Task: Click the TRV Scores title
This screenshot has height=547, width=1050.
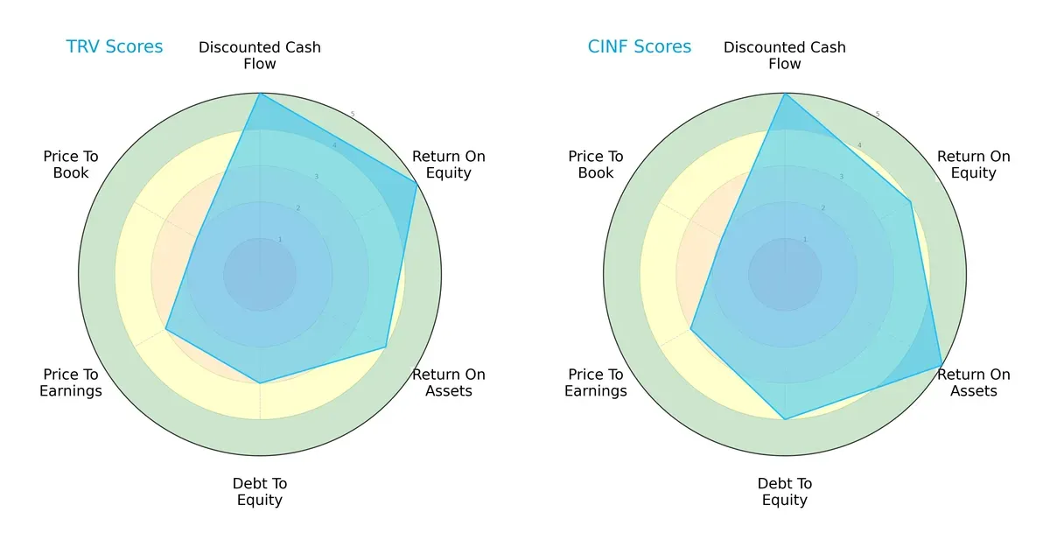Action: (115, 47)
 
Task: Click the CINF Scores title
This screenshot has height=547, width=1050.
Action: (639, 47)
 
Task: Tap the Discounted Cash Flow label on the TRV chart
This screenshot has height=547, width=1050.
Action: (260, 55)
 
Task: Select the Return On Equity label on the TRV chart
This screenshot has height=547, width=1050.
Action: (449, 165)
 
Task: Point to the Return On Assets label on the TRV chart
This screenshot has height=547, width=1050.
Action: (449, 382)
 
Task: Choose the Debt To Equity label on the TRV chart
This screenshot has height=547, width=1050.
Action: (260, 492)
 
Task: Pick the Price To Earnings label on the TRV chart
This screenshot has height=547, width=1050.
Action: (71, 382)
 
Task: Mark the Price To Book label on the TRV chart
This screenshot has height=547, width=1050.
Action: (71, 165)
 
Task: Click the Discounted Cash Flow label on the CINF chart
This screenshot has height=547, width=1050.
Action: (785, 55)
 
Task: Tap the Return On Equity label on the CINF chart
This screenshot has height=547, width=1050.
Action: (974, 165)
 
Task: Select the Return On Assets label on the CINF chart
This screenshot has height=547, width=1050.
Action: (974, 382)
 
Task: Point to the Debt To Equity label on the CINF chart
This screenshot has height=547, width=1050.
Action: (785, 492)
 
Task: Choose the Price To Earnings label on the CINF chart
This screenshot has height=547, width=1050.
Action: (596, 382)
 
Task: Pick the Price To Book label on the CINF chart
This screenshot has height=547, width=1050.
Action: (596, 165)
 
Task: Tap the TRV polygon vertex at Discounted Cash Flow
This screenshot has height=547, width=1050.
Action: (260, 94)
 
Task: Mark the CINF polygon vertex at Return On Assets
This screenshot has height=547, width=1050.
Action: (941, 365)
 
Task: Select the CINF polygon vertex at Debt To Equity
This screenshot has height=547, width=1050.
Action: (785, 419)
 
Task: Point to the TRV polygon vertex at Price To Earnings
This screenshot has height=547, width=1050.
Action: (166, 329)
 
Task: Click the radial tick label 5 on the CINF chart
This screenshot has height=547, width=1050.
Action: (878, 115)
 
